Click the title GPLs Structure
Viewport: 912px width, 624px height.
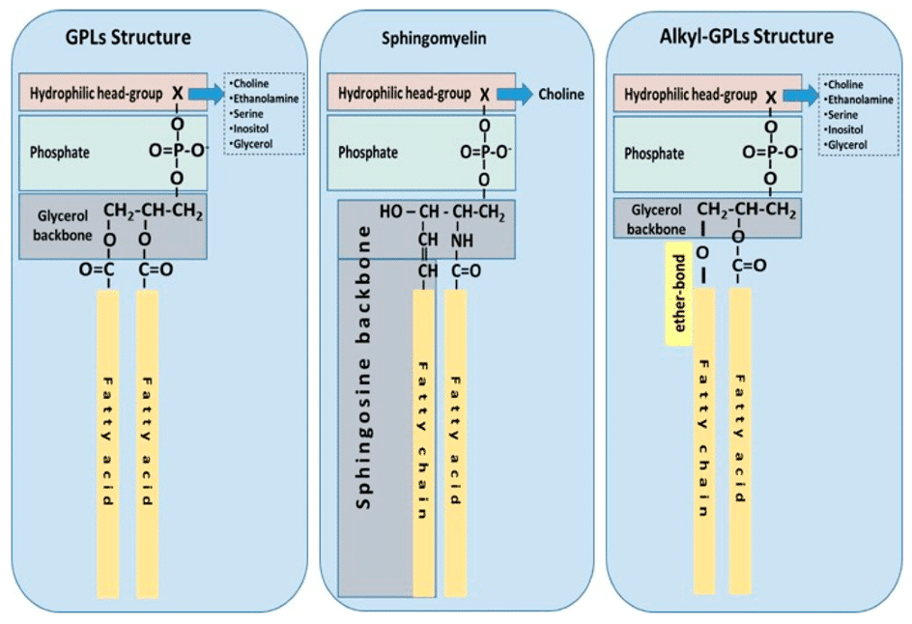[128, 38]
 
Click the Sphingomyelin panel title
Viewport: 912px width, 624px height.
[434, 39]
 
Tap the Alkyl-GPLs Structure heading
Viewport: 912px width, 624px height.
[746, 36]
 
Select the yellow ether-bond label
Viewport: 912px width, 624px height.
[679, 293]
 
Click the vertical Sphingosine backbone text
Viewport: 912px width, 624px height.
[363, 367]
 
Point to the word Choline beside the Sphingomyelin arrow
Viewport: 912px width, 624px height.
[561, 95]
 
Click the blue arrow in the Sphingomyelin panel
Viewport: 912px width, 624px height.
[515, 95]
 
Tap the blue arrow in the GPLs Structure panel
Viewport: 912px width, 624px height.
[207, 94]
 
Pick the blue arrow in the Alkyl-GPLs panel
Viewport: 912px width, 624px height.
[801, 96]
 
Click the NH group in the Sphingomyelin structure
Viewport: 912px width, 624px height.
[463, 241]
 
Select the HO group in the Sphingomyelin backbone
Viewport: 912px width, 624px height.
[391, 212]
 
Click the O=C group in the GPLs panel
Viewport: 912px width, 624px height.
[97, 269]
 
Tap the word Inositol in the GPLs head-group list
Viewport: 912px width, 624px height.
[250, 128]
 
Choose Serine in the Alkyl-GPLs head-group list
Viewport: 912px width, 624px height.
[842, 115]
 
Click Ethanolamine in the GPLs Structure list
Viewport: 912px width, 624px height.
[266, 99]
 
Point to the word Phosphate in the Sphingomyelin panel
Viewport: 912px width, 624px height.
[368, 153]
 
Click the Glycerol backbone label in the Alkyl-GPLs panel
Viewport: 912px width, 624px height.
[656, 219]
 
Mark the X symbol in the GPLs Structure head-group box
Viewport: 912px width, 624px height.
[178, 93]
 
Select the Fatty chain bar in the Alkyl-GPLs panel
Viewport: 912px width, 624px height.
[704, 440]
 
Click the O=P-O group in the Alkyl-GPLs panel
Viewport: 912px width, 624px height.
[771, 153]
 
